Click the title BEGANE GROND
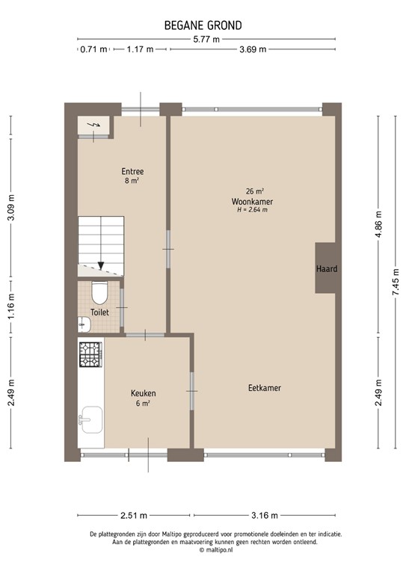click(x=203, y=25)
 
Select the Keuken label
click(x=143, y=393)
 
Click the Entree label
click(x=132, y=171)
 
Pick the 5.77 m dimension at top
click(x=206, y=39)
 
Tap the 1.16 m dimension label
click(x=11, y=307)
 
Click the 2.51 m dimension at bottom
click(x=134, y=515)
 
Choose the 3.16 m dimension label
click(x=263, y=515)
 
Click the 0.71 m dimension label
click(x=93, y=50)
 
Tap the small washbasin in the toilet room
click(x=83, y=324)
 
